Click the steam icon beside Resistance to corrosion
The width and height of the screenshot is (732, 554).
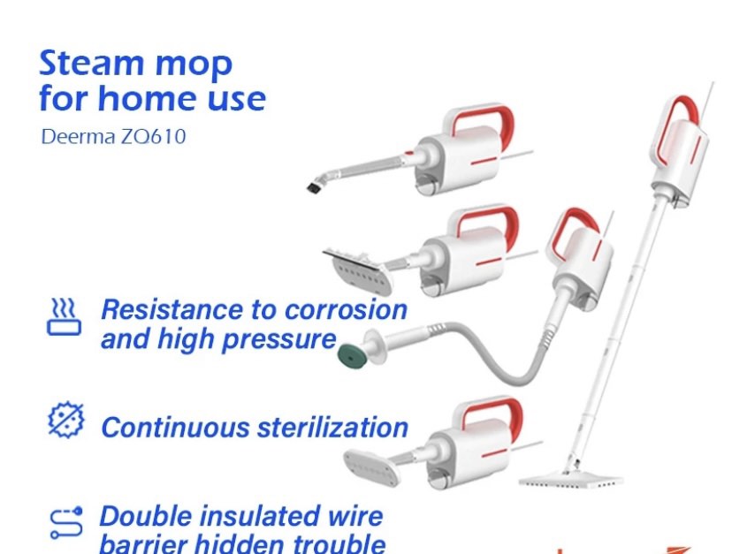(64, 317)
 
